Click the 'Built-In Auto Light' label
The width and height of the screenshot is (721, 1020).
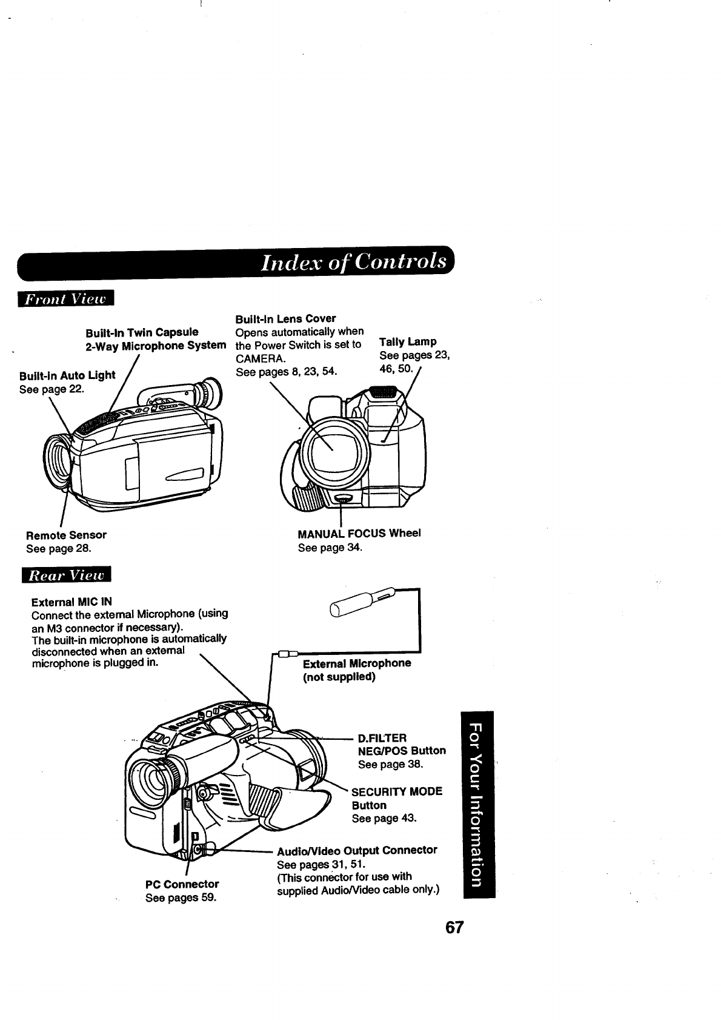(x=67, y=375)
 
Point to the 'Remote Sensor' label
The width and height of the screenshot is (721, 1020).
(x=66, y=535)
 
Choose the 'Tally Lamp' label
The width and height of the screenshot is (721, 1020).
(x=408, y=341)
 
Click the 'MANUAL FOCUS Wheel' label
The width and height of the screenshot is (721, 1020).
(x=359, y=533)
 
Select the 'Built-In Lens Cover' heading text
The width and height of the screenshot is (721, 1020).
(x=285, y=318)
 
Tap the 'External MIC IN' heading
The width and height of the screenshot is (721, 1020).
(x=71, y=602)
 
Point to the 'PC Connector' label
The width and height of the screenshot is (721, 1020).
(x=182, y=884)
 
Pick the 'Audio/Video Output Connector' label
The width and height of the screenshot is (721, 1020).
(x=357, y=850)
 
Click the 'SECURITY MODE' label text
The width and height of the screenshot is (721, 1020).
(x=397, y=791)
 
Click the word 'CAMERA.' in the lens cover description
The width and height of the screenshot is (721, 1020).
(x=261, y=358)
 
